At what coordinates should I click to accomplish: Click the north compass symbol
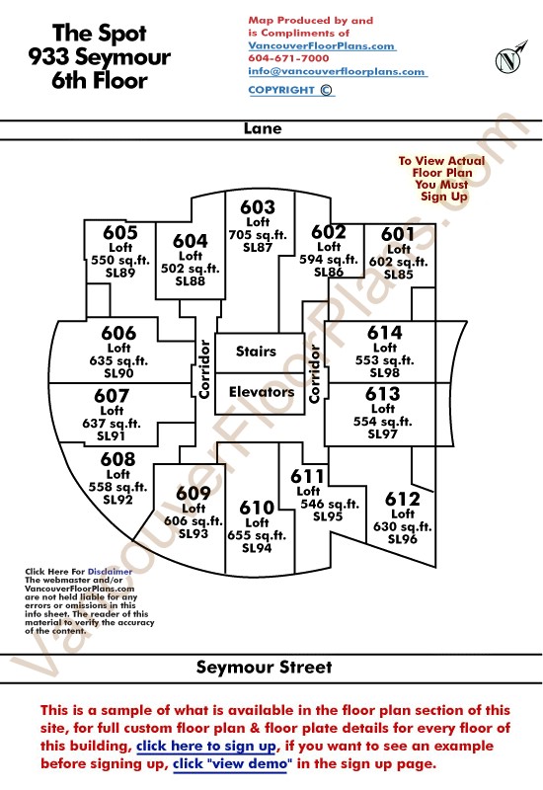[509, 58]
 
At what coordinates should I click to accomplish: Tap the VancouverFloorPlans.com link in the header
[322, 45]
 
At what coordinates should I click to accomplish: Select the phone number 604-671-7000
[288, 58]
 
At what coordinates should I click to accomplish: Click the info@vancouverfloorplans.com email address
[337, 71]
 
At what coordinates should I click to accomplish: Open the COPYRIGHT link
[290, 90]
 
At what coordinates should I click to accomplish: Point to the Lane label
[263, 128]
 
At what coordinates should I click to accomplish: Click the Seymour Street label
[265, 668]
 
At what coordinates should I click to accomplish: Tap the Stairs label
[256, 352]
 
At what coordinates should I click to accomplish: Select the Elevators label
[262, 391]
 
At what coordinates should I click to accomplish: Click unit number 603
[258, 207]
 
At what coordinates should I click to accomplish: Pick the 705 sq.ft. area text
[258, 235]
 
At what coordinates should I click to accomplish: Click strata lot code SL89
[120, 273]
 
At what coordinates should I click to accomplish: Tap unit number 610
[257, 508]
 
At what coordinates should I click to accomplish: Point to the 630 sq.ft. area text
[403, 526]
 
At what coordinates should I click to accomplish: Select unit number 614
[385, 333]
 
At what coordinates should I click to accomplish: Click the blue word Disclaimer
[110, 572]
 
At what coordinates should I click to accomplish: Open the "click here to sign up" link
[206, 746]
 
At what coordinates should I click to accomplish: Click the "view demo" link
[232, 763]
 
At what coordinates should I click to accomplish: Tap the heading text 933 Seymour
[100, 57]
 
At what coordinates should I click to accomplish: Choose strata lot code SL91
[111, 435]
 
